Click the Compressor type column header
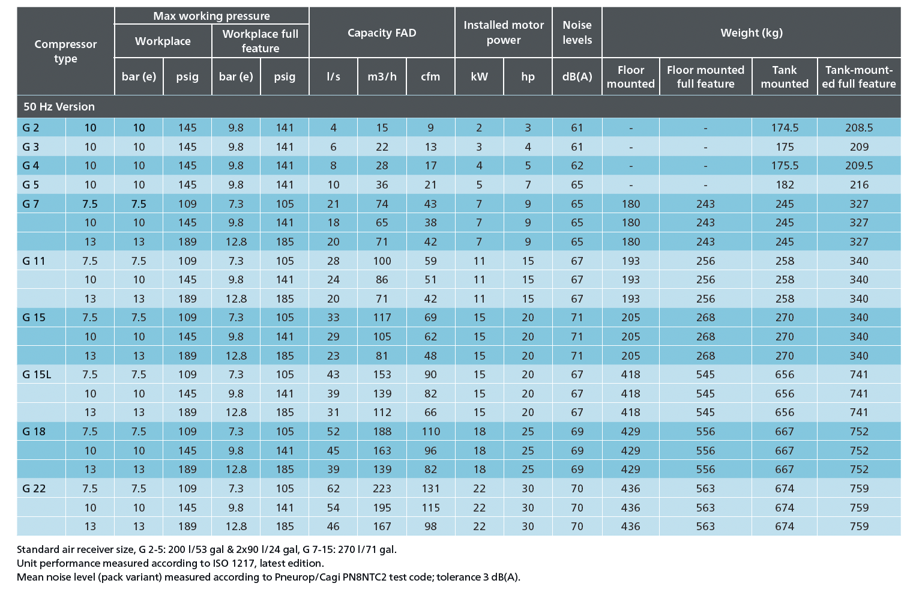[x=65, y=51]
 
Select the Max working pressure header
[x=211, y=16]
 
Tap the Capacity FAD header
[x=382, y=33]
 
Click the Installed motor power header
[x=504, y=32]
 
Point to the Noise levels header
[x=577, y=32]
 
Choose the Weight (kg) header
[x=752, y=33]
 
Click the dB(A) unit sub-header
[x=577, y=76]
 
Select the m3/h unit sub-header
[x=382, y=76]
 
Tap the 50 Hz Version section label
[x=59, y=107]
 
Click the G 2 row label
[x=31, y=128]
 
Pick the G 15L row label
[x=37, y=375]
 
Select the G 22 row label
[x=34, y=488]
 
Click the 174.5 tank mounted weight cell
[x=785, y=128]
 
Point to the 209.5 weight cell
[x=859, y=166]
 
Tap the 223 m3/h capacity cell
[x=382, y=488]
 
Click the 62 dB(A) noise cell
[x=577, y=166]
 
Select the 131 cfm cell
[x=430, y=488]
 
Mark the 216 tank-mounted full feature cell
[x=859, y=185]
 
